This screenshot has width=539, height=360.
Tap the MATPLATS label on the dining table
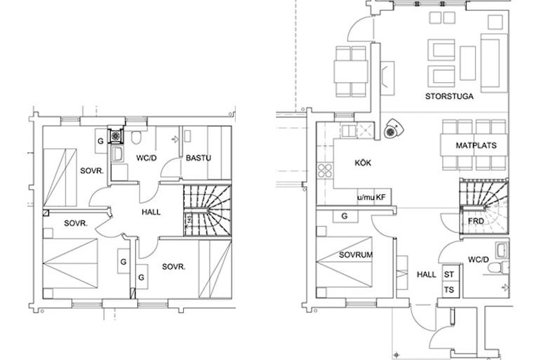(x=476, y=145)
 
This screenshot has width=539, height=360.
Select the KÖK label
(x=363, y=163)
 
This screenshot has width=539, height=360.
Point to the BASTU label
(x=199, y=158)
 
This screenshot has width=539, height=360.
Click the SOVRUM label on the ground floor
(x=356, y=255)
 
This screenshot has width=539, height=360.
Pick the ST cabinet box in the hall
(x=449, y=274)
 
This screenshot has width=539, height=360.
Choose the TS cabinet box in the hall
(x=449, y=290)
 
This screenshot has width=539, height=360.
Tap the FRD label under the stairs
(x=476, y=221)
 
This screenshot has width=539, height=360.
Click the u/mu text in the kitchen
(x=366, y=198)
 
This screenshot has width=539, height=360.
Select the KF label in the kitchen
(x=380, y=198)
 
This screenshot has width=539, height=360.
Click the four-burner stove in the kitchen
(x=325, y=171)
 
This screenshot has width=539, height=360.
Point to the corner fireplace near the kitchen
(x=392, y=128)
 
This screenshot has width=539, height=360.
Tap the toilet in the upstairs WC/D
(x=136, y=137)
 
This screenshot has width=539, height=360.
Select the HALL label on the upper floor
(x=152, y=212)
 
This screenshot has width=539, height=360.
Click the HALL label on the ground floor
(x=427, y=274)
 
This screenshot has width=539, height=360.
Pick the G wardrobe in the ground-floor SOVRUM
(x=345, y=216)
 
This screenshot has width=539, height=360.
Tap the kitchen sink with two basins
(x=349, y=131)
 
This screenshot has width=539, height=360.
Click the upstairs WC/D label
(x=147, y=158)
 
